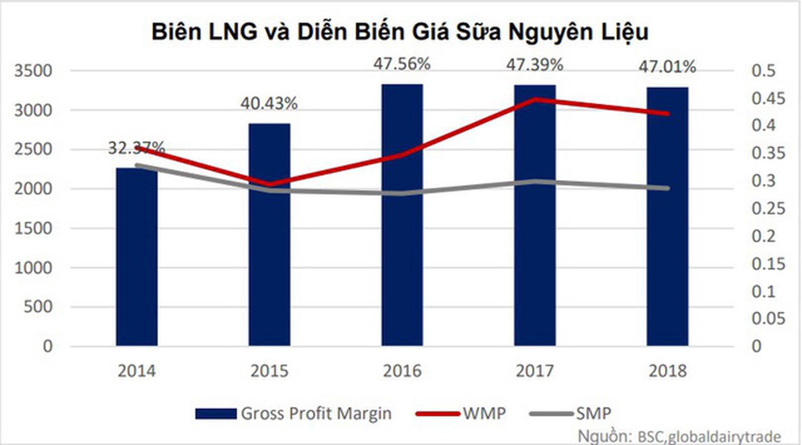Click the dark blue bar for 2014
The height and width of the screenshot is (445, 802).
(137, 257)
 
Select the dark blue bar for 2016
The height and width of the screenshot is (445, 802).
(402, 215)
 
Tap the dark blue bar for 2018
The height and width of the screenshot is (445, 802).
(667, 216)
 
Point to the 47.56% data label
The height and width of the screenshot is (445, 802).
(402, 64)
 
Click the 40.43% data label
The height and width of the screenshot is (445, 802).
(269, 104)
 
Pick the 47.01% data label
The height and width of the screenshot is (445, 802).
(667, 67)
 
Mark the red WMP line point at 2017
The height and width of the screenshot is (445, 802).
(535, 99)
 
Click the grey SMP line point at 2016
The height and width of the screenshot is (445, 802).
(402, 193)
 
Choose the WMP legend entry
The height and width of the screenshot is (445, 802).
(484, 414)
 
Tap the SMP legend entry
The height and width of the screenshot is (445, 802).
(593, 414)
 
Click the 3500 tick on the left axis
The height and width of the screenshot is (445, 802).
(33, 71)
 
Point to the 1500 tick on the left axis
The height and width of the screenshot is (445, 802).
(33, 229)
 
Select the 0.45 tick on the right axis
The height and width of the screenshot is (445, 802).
(768, 98)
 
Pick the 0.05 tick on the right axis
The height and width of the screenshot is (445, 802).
(768, 318)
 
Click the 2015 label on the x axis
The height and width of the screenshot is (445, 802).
(269, 371)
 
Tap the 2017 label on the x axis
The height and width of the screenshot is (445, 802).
(535, 371)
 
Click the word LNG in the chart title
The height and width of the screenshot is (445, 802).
(233, 32)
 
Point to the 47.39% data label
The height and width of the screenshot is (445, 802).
(534, 65)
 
